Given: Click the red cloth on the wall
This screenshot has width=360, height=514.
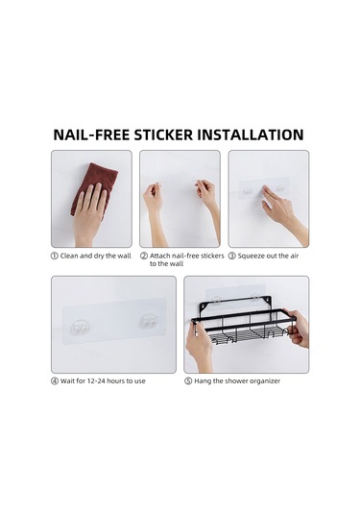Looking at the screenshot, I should [x=93, y=186].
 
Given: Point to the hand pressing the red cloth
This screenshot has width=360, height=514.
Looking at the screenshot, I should [x=89, y=213].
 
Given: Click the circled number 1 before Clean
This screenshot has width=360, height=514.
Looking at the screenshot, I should [x=55, y=257].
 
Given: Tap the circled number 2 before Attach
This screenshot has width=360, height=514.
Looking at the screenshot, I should [x=144, y=257].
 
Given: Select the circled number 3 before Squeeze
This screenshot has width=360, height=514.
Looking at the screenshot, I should [x=232, y=257].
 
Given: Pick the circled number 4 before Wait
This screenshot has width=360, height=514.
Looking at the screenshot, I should [x=55, y=381].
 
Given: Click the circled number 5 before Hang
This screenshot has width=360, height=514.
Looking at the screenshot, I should [x=188, y=381].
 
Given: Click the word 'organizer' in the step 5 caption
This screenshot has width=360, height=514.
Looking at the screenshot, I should [x=263, y=381].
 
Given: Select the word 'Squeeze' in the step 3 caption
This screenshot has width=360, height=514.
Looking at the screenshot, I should [x=253, y=257].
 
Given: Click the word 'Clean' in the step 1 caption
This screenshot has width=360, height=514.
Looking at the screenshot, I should [x=70, y=257].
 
